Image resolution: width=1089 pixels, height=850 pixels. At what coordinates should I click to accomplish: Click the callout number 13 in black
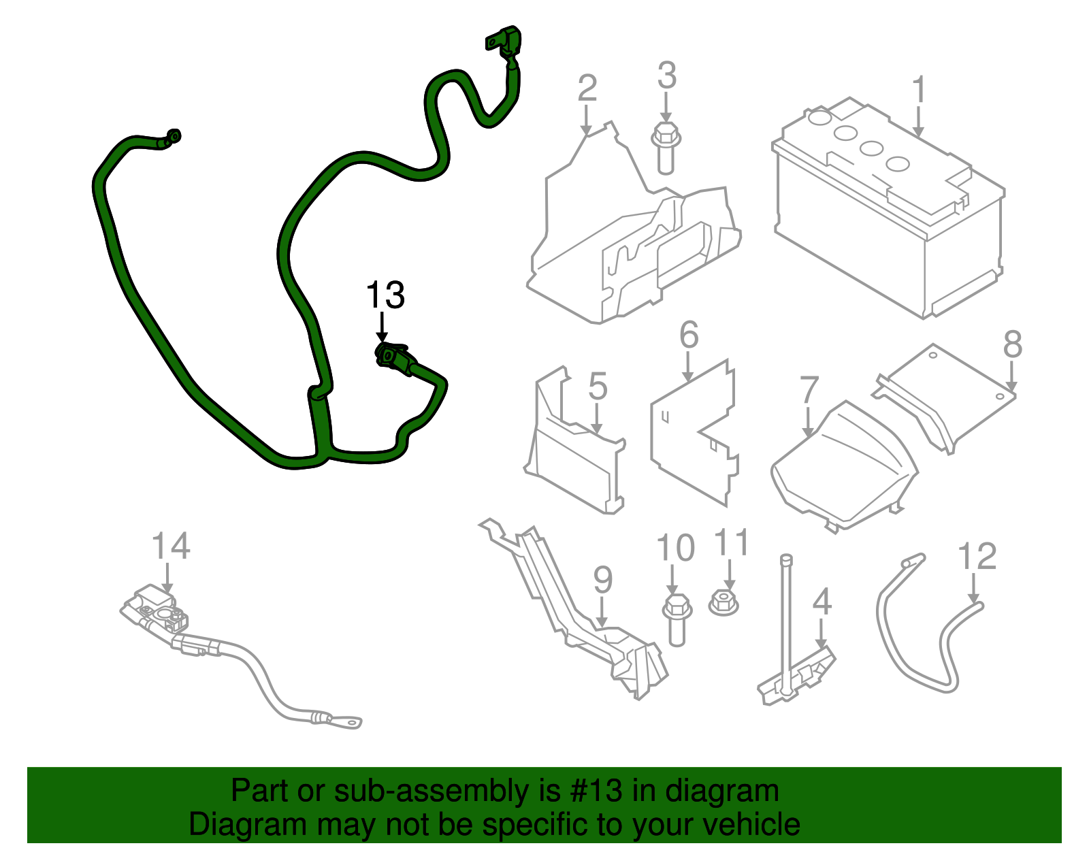(x=385, y=295)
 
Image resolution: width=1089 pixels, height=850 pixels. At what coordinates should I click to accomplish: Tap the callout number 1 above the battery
(x=919, y=90)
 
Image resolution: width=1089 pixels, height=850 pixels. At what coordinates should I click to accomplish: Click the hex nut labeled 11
(x=724, y=602)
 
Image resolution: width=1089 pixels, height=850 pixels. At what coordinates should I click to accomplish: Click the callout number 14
(x=170, y=546)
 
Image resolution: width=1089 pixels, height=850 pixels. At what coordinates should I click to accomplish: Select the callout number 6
(x=689, y=335)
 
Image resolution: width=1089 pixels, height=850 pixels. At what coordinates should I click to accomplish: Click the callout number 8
(x=1012, y=344)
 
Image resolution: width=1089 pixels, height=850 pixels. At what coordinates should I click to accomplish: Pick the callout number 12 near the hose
(x=977, y=556)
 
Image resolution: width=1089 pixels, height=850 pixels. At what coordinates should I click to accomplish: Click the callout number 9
(x=602, y=579)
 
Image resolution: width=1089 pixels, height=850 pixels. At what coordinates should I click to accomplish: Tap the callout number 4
(x=822, y=602)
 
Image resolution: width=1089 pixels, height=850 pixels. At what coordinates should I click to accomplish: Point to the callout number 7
(x=809, y=390)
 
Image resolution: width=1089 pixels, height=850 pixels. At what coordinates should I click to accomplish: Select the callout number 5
(x=597, y=387)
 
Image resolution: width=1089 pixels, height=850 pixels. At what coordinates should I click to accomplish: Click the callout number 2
(x=587, y=89)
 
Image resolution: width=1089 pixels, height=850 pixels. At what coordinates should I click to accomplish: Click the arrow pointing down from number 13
(x=382, y=327)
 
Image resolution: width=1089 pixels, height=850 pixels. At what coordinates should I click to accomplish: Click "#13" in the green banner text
(x=591, y=791)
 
